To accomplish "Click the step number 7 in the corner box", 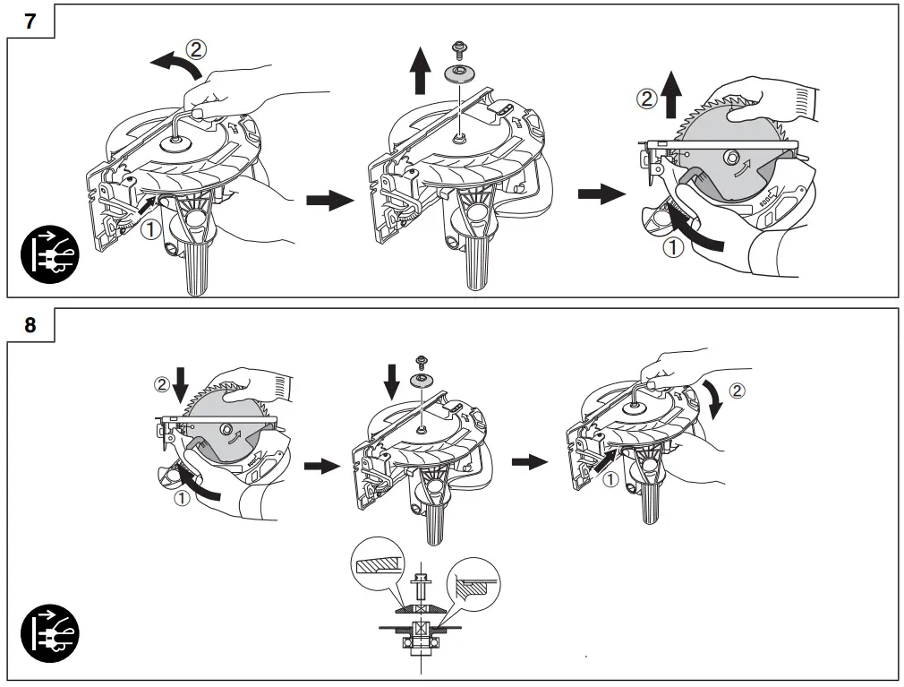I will (x=30, y=21).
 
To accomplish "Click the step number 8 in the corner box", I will (x=30, y=325).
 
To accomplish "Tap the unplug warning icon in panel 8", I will (x=50, y=634).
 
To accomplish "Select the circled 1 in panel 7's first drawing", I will (x=151, y=228).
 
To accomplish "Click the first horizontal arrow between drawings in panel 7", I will (x=329, y=200).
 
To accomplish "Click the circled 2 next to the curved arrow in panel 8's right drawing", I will (x=735, y=390).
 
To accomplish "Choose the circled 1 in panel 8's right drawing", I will (x=610, y=479).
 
